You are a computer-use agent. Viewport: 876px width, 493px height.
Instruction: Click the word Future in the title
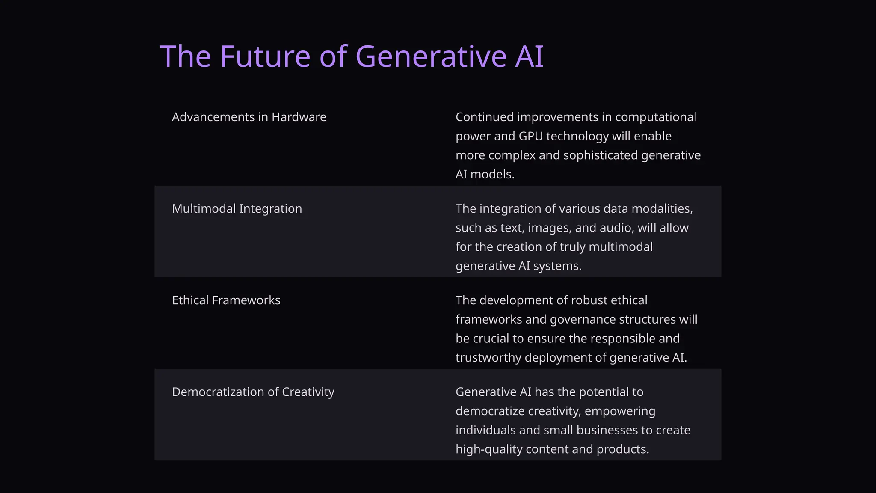(x=265, y=56)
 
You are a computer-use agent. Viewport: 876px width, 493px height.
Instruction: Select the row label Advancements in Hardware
(x=249, y=117)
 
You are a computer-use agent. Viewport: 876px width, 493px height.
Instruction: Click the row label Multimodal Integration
(x=237, y=208)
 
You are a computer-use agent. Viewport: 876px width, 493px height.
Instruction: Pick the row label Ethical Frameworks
(x=226, y=300)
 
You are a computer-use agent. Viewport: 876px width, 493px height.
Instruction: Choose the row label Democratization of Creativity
(x=253, y=392)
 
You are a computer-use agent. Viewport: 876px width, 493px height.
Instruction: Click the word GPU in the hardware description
(x=530, y=136)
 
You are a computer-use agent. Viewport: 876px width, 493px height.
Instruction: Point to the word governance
(x=583, y=319)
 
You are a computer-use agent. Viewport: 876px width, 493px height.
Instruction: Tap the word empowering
(x=620, y=411)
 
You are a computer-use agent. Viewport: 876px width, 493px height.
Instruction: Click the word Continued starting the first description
(x=485, y=117)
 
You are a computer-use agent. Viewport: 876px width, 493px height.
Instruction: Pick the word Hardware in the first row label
(x=299, y=117)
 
